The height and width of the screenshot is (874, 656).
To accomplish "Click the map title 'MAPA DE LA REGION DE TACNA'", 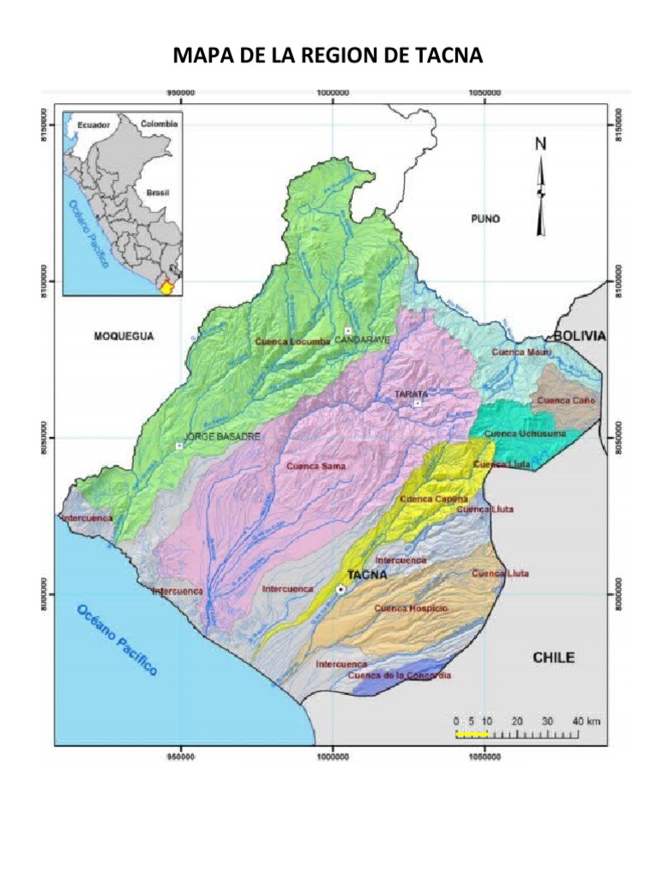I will (x=328, y=56).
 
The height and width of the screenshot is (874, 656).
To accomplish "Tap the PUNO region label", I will (x=485, y=219).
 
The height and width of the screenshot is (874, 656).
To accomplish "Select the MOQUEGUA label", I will (x=123, y=337).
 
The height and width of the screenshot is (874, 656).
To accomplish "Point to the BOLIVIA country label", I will (x=579, y=336).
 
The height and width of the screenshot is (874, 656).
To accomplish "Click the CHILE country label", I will (x=553, y=657).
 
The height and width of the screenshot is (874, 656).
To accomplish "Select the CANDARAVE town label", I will (x=362, y=340).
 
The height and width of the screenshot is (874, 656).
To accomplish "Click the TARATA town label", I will (x=410, y=394).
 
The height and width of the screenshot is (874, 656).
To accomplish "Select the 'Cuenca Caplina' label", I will (x=434, y=498).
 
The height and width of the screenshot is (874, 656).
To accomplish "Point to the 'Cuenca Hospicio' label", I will (x=411, y=608).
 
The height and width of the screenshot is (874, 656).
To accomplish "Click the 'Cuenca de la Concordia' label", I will (x=399, y=676).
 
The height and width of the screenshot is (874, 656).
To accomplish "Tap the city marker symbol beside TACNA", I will (x=341, y=589).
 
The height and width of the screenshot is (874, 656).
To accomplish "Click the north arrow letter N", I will (x=541, y=144).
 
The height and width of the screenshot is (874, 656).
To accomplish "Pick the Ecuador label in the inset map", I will (x=94, y=125).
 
